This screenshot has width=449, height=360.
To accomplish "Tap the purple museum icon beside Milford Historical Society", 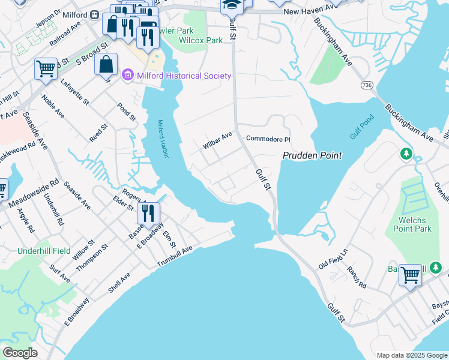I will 127,76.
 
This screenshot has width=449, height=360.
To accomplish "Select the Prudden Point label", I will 312,155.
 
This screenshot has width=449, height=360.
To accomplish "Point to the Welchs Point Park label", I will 412,224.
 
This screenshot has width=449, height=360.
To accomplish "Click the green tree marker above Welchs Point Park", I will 406,154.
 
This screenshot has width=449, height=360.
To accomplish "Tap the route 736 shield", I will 366,86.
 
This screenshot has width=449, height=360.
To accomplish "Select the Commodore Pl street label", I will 268,139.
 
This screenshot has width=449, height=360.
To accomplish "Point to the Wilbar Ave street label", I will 217,142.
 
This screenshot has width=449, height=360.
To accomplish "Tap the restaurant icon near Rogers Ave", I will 148,212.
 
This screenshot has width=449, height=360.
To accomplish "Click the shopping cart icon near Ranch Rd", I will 411,275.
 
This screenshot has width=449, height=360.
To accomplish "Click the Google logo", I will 20,353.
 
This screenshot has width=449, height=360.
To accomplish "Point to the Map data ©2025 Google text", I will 411,355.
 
